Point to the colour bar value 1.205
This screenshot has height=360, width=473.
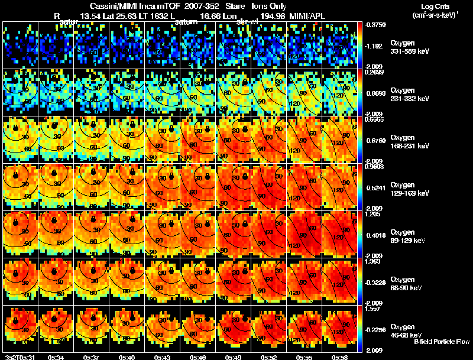click(374, 215)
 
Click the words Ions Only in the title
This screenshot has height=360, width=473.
click(269, 5)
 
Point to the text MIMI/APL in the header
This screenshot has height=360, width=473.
click(304, 16)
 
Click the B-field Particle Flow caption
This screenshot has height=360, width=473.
click(442, 342)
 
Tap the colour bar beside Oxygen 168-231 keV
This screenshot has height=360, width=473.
click(360, 140)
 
